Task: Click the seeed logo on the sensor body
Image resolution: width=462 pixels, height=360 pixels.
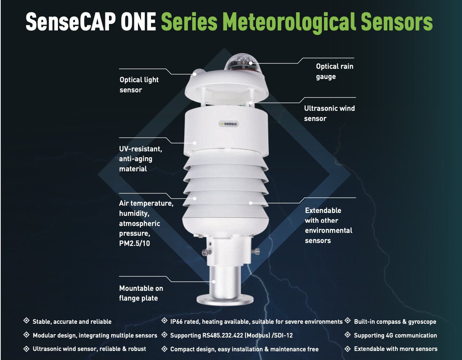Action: click(x=229, y=124)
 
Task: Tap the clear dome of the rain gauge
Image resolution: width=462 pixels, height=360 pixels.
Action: click(x=241, y=62)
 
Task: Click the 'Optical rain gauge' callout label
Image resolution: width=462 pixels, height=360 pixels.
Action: click(x=335, y=71)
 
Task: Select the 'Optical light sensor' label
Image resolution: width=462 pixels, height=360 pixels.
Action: click(x=139, y=85)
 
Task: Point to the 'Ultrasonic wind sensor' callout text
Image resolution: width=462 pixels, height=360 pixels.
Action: click(x=329, y=113)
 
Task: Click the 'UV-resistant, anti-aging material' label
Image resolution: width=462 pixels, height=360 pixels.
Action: click(x=140, y=159)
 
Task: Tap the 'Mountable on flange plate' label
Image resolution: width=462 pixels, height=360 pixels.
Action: click(x=141, y=293)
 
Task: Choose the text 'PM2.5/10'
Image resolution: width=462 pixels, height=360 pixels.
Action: click(x=134, y=243)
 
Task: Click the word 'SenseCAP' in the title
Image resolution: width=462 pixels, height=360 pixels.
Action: click(x=71, y=22)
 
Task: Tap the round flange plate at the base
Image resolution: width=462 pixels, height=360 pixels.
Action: click(x=225, y=300)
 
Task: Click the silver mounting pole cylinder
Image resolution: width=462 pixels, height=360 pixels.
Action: click(x=225, y=281)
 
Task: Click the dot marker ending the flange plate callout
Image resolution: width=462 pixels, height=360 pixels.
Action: click(x=214, y=281)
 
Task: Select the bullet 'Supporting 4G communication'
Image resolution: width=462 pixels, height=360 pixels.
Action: click(x=395, y=335)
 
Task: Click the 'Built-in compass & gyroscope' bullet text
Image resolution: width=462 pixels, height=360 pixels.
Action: click(x=395, y=322)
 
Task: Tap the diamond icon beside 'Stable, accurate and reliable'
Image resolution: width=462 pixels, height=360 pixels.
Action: click(x=26, y=321)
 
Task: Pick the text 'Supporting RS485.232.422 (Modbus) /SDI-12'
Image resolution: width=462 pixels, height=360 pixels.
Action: click(x=231, y=335)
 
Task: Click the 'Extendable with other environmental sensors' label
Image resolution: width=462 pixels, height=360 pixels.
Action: click(x=328, y=225)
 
